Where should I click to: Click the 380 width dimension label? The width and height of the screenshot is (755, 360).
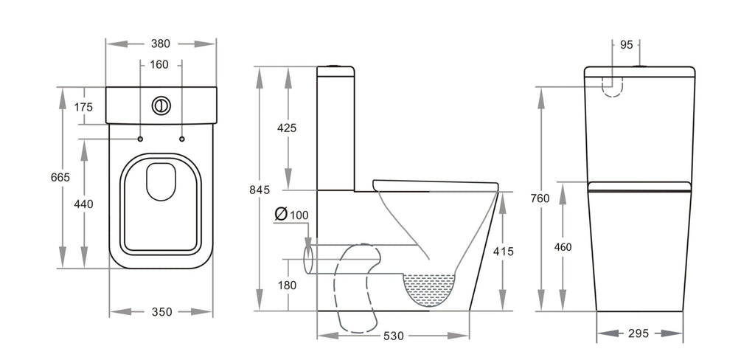(x=160, y=44)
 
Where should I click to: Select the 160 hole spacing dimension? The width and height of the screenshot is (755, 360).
(x=159, y=64)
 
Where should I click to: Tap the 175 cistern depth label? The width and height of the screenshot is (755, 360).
(x=83, y=107)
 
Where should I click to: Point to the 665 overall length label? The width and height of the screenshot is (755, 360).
(x=60, y=177)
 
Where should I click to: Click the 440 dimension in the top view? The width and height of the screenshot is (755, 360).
(x=83, y=204)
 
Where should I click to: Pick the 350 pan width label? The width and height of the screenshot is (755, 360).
(x=161, y=312)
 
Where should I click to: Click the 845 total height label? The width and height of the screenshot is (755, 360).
(x=260, y=190)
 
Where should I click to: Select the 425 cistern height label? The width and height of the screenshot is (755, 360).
(x=287, y=128)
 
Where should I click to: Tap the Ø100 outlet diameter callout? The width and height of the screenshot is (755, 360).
(x=291, y=215)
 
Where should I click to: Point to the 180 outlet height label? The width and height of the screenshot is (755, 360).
(x=287, y=285)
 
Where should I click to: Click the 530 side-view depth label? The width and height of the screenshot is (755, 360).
(x=394, y=336)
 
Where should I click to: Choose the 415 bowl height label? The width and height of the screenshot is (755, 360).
(x=504, y=252)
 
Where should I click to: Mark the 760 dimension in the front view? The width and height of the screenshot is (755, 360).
(x=539, y=198)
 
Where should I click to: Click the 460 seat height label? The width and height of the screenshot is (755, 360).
(x=562, y=247)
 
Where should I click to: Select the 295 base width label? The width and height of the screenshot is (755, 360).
(x=639, y=333)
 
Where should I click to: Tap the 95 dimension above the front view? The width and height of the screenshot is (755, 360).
(x=626, y=45)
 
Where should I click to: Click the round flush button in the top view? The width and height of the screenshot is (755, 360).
(x=161, y=106)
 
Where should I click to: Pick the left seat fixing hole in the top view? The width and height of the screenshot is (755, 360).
(x=140, y=139)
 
